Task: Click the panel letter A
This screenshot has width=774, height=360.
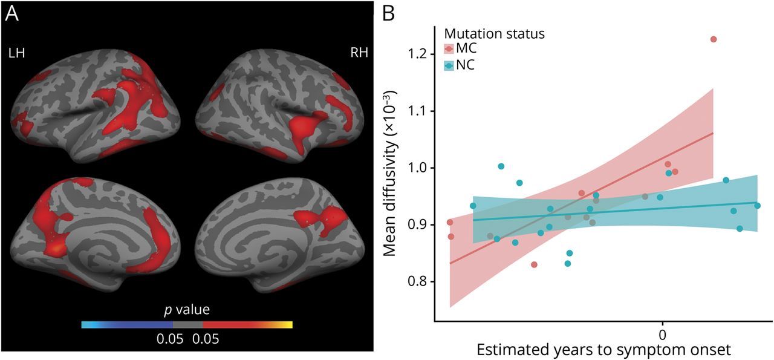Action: [x=13, y=13]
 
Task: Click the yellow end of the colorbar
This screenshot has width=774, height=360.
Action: [x=288, y=325]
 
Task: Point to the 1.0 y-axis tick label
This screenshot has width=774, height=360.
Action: [x=417, y=168]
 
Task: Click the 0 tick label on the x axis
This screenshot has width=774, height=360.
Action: [x=662, y=333]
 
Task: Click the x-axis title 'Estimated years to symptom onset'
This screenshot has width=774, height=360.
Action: [x=604, y=350]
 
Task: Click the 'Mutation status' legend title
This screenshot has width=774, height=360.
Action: [x=494, y=34]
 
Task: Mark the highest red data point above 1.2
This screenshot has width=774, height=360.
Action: [x=714, y=39]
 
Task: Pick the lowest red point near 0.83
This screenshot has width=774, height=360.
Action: [x=534, y=264]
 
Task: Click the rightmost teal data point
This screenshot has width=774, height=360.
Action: [x=757, y=206]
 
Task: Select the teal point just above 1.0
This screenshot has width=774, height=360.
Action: [x=501, y=166]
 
